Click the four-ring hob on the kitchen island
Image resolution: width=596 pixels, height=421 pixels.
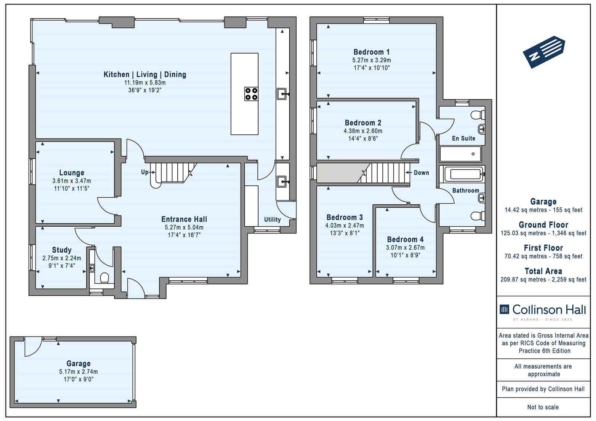point(251,94)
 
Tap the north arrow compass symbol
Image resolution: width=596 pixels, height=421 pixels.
point(544,52)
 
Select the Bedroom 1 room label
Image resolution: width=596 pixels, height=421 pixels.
point(371,52)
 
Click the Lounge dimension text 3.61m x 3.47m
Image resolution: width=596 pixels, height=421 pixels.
point(72,181)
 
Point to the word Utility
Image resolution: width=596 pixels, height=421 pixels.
point(272,219)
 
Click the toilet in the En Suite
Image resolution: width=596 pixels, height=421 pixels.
point(478,115)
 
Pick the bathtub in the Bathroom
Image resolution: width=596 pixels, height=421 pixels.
point(463,174)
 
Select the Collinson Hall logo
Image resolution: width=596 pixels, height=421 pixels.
point(543,312)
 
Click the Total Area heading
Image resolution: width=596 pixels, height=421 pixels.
point(543,271)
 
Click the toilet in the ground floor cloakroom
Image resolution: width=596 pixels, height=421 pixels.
point(105,278)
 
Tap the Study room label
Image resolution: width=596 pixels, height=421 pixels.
point(62,250)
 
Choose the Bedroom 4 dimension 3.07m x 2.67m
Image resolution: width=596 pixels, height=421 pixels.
point(405,248)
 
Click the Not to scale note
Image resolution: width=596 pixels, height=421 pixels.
point(543,407)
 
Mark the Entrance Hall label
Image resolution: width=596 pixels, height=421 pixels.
point(184,219)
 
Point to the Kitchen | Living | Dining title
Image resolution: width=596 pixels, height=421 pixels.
point(145,74)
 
